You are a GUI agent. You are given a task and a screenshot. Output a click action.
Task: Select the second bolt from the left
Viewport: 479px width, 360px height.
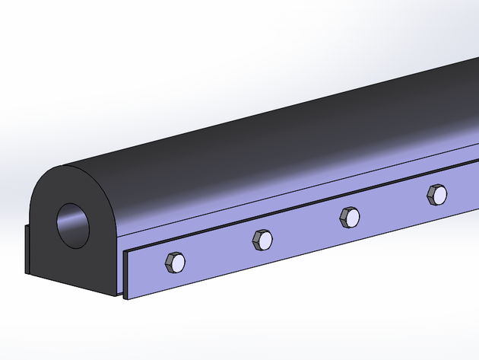click(262, 241)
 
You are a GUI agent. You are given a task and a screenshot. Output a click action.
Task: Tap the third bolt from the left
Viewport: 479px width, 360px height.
click(348, 218)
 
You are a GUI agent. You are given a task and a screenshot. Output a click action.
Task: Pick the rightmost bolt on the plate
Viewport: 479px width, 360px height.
click(436, 194)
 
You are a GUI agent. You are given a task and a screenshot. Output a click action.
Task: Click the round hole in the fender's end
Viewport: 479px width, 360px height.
click(73, 225)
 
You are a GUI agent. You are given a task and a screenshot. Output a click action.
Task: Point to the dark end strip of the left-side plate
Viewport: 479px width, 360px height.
click(27, 250)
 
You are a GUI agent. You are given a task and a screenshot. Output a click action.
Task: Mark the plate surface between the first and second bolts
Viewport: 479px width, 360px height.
click(218, 255)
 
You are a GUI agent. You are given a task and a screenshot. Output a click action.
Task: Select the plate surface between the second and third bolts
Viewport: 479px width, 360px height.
click(305, 232)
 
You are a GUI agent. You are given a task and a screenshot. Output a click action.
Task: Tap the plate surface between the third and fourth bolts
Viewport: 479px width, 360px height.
click(392, 209)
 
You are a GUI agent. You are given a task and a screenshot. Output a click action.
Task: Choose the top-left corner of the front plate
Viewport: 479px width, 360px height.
click(124, 250)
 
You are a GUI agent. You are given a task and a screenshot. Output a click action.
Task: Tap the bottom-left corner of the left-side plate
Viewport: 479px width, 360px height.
click(24, 272)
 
